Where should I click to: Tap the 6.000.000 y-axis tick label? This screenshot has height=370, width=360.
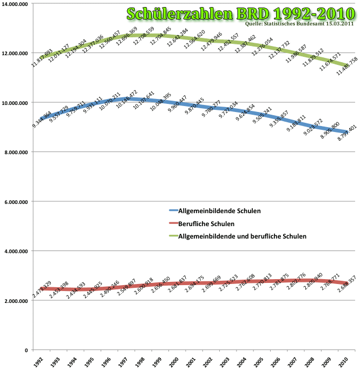pos(17,202)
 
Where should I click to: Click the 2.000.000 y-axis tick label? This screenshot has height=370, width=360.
pos(17,301)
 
